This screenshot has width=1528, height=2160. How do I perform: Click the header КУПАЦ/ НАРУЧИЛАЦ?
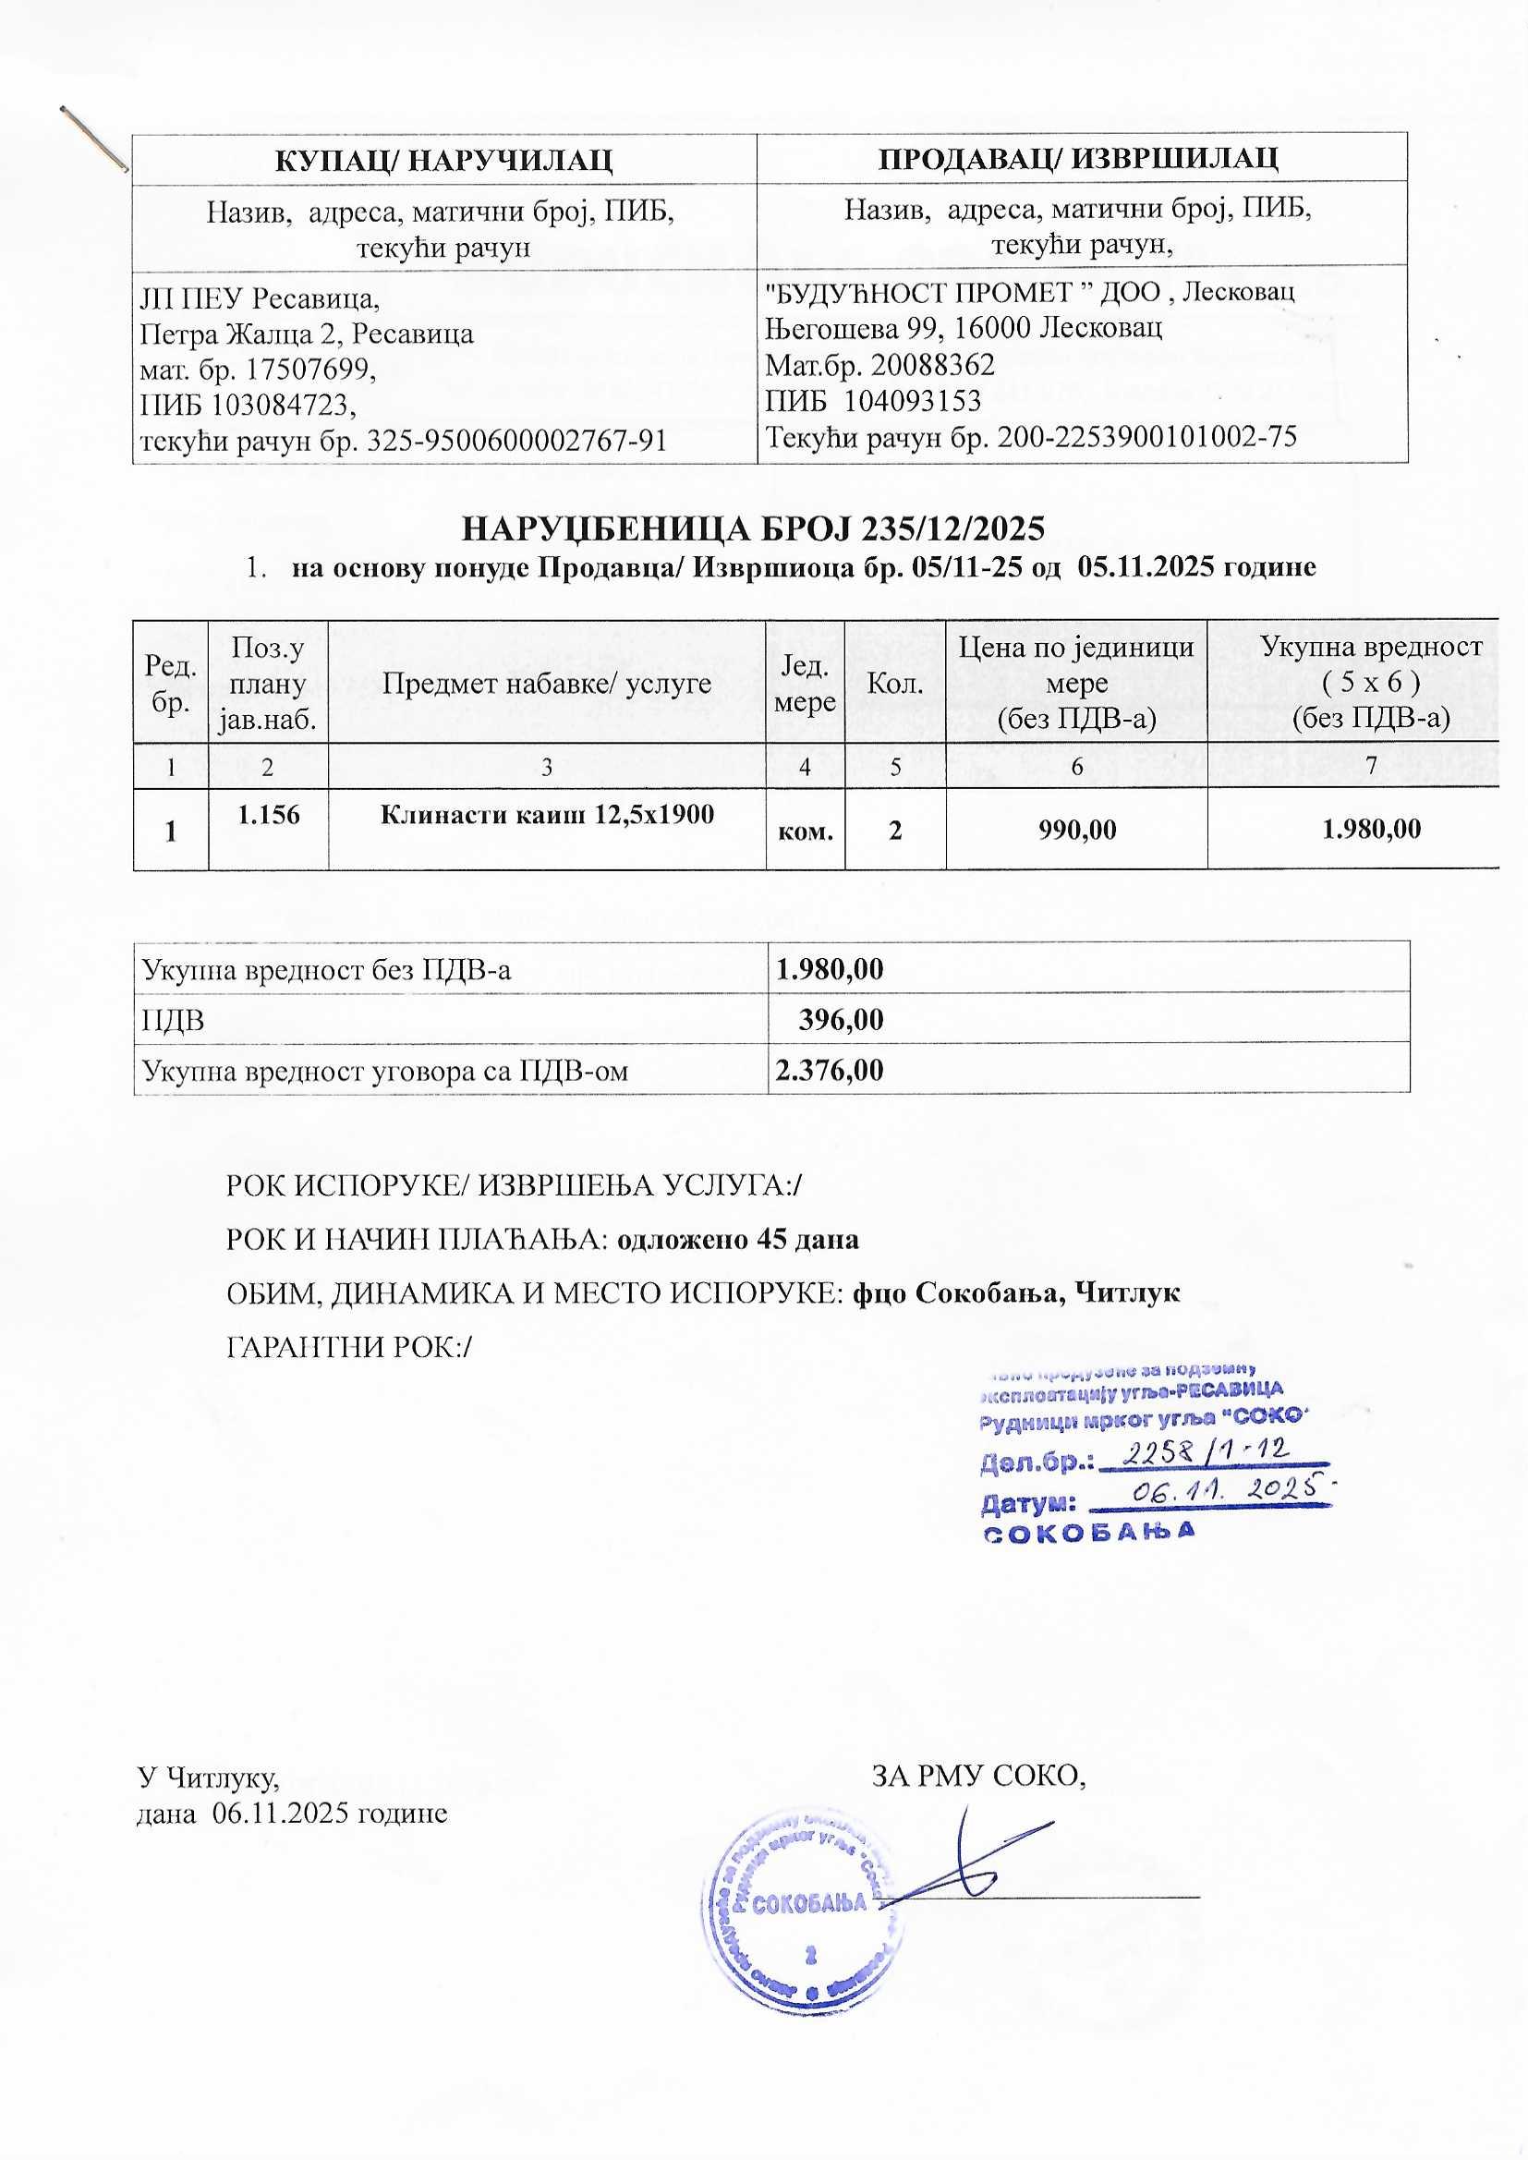click(443, 158)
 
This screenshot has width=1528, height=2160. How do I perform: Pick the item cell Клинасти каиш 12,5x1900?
click(547, 815)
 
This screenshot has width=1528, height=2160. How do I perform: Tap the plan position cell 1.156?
click(268, 815)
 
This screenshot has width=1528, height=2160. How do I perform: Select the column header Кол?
click(895, 683)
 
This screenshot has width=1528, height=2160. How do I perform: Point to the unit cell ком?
click(806, 831)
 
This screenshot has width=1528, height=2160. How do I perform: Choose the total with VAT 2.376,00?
click(829, 1070)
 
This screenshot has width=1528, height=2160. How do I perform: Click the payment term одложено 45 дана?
click(736, 1239)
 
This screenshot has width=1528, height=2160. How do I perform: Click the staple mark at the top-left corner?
click(93, 139)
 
